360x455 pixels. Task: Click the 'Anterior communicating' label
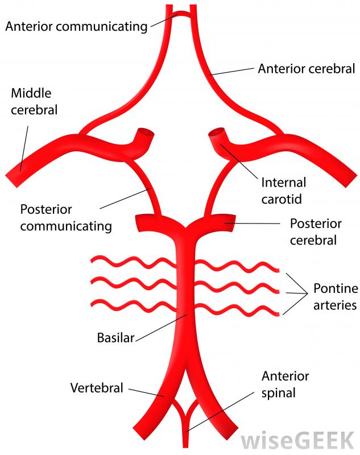[x=76, y=26]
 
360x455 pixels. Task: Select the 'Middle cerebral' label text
[x=34, y=101]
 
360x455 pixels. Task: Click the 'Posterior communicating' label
[x=66, y=217]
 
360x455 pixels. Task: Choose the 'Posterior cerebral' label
[x=315, y=231]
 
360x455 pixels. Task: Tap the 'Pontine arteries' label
[x=335, y=296]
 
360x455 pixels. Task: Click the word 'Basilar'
[x=116, y=338]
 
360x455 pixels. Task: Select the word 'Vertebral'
[x=97, y=388]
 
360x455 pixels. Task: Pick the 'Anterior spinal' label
[x=285, y=384]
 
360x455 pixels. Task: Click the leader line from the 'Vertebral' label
[x=145, y=392]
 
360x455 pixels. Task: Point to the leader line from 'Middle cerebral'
[x=24, y=145]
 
